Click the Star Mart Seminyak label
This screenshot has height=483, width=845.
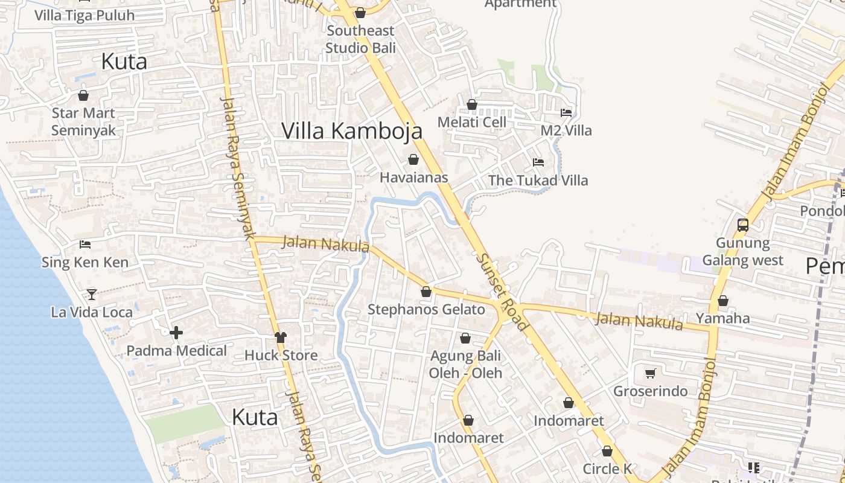tap(83, 121)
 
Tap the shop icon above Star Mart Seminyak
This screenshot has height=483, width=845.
tap(83, 95)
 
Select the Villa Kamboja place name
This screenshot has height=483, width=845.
tap(352, 130)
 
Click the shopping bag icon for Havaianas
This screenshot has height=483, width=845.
tap(413, 159)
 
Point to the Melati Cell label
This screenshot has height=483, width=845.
tap(471, 122)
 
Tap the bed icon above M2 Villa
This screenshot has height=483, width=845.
tap(566, 112)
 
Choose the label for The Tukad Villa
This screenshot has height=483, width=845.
tap(538, 180)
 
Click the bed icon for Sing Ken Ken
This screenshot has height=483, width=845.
tap(85, 245)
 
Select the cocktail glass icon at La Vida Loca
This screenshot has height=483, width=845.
tap(92, 294)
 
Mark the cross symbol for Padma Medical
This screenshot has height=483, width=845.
tap(176, 333)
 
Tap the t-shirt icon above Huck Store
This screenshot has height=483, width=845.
tap(281, 337)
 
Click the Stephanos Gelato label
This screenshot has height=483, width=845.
tap(426, 310)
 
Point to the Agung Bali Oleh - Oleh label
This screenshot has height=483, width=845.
tap(465, 364)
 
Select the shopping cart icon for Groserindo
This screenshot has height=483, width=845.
tap(650, 373)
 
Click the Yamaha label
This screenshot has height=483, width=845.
tap(722, 318)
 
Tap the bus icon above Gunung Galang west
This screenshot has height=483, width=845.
tap(743, 225)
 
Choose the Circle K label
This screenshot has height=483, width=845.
tap(607, 469)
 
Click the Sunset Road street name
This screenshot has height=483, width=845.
tap(502, 292)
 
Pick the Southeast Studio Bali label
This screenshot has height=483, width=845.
tap(360, 39)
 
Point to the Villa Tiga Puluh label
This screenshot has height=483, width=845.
tap(84, 15)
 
